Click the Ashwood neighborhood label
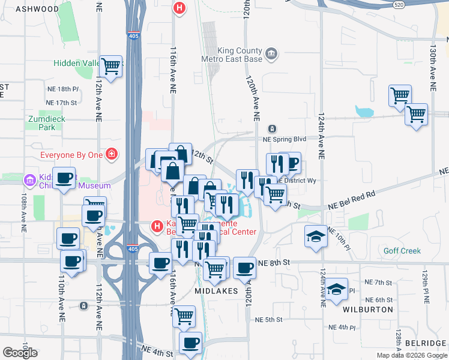point(33,9)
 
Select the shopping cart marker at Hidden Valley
point(110,67)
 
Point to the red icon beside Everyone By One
point(110,155)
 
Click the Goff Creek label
point(403,251)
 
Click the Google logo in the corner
point(20,352)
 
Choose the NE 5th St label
point(268,319)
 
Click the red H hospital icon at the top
point(178,8)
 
